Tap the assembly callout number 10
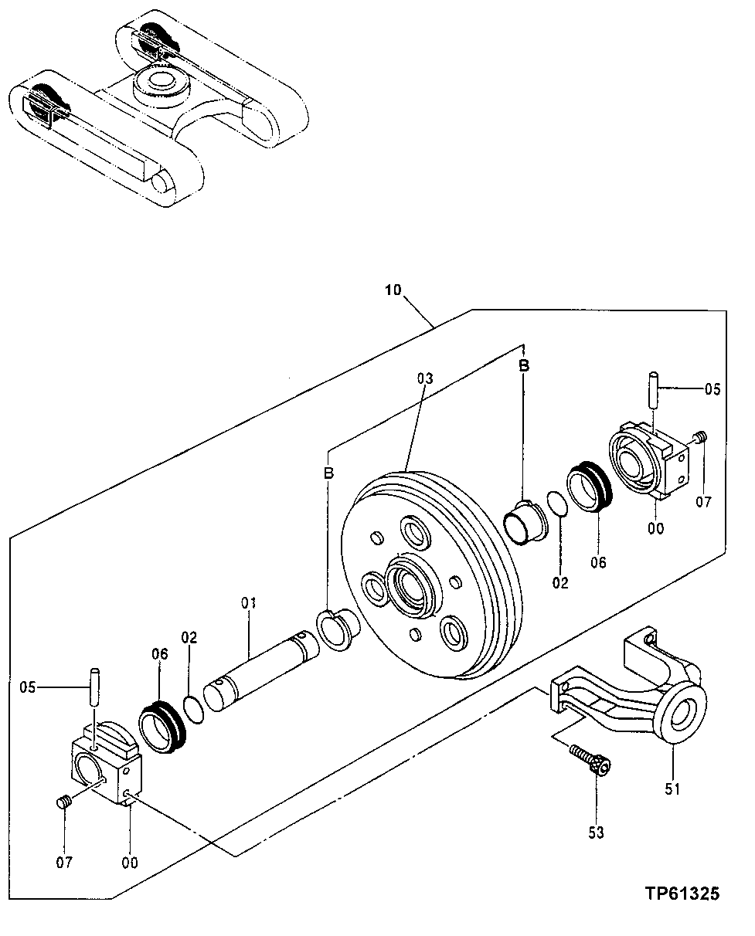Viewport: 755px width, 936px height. tap(393, 290)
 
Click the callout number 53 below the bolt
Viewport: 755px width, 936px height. tap(597, 832)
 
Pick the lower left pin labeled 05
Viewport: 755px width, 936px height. tap(94, 684)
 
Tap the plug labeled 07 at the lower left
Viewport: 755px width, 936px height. tap(64, 802)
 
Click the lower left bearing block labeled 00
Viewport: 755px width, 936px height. tap(107, 768)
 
